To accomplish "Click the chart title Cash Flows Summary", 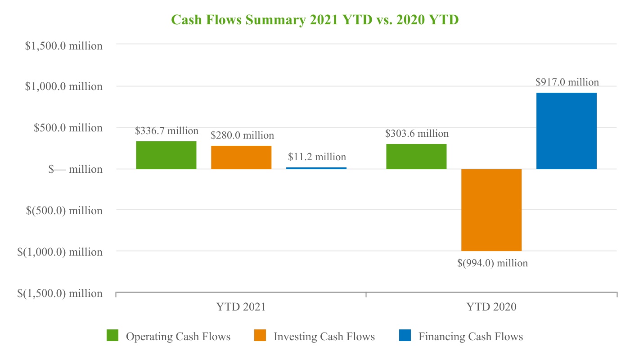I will tap(315, 20).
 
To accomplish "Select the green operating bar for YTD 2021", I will tap(166, 155).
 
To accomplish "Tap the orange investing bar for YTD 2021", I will tap(241, 157).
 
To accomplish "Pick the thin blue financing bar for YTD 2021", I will tap(316, 168).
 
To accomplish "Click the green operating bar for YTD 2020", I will tap(416, 157).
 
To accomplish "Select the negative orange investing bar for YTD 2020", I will tap(491, 210).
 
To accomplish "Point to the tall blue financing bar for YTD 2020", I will tap(567, 131).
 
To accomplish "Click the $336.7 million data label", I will tap(166, 131).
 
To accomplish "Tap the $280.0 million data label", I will tap(242, 135).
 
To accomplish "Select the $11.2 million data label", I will tap(317, 157).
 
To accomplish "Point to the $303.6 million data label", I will tap(417, 134).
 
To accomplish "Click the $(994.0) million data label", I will tap(492, 263).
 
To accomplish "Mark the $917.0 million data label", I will tap(567, 82).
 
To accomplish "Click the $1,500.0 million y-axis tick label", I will tap(63, 46).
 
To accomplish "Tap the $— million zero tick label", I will tap(75, 170).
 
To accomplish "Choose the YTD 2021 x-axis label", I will tap(241, 307).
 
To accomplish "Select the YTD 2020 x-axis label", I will tap(491, 307).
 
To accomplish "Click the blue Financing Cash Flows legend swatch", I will tap(405, 336).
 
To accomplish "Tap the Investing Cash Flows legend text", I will tap(324, 337).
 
